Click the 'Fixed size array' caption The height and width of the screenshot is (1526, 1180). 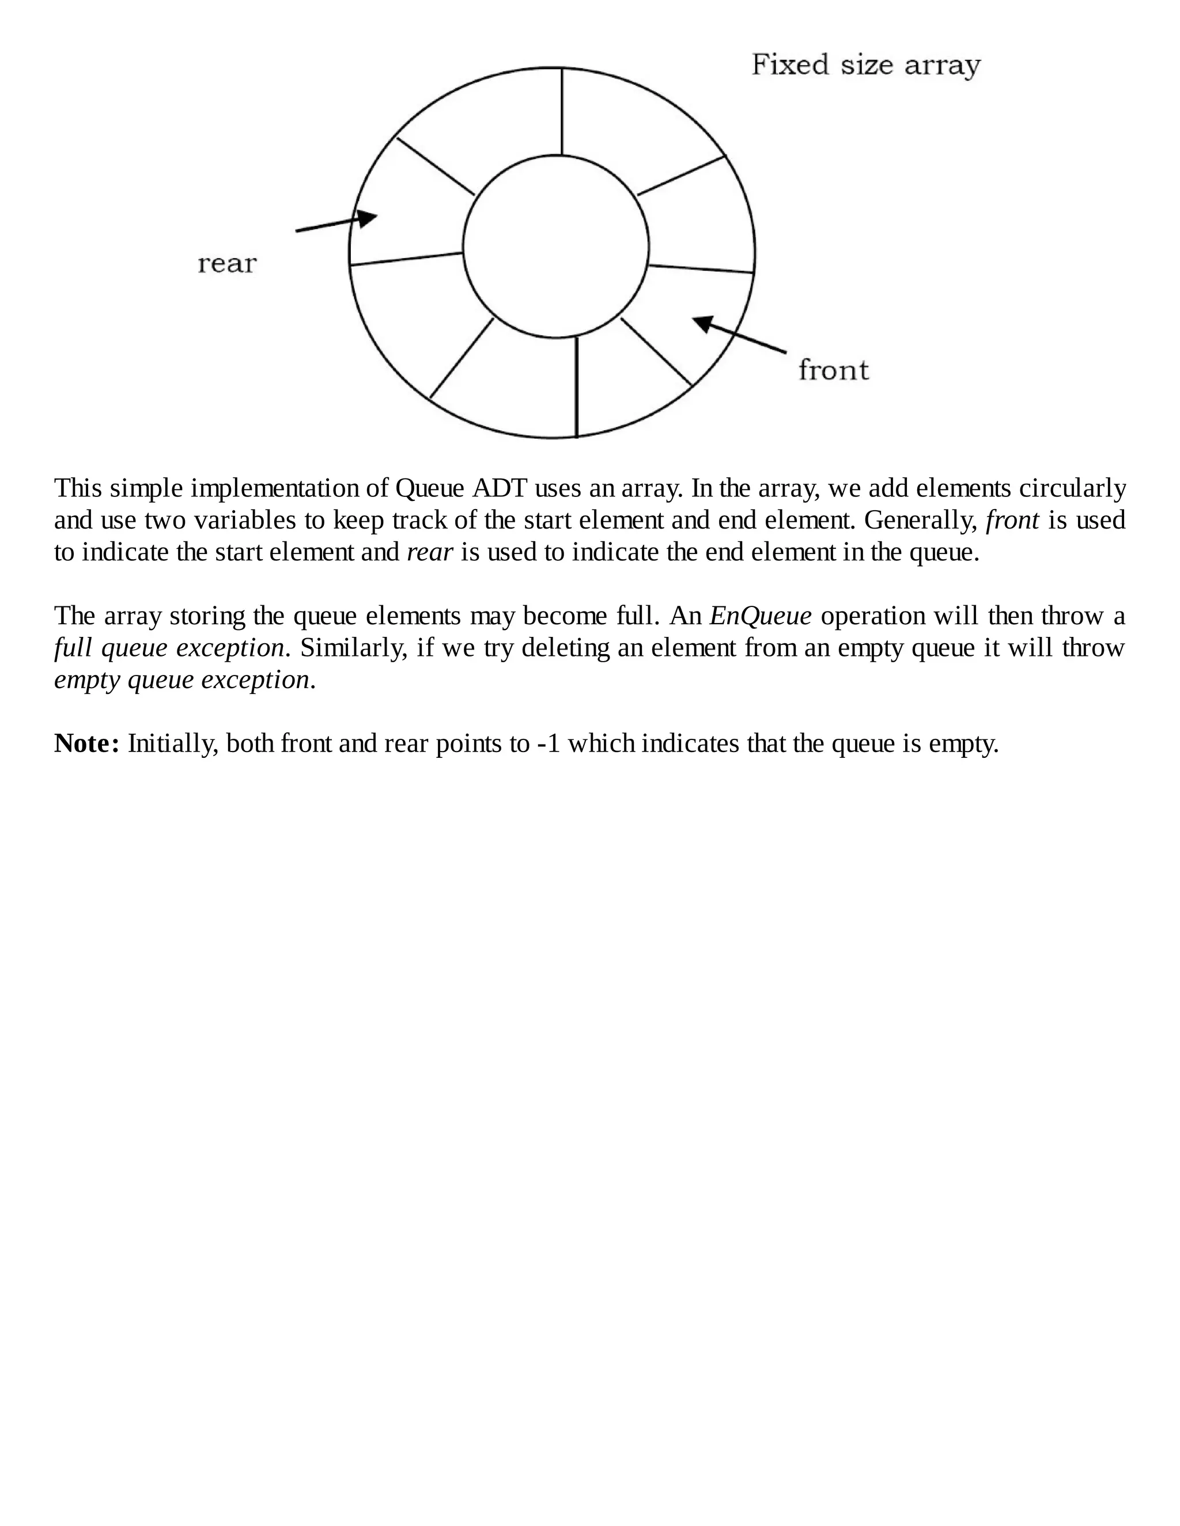click(x=865, y=66)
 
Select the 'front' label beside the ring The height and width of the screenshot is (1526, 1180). click(x=833, y=370)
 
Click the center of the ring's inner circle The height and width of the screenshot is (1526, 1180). click(x=556, y=246)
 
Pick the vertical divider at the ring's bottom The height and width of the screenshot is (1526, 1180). click(x=576, y=386)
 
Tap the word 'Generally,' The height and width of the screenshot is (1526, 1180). click(x=921, y=521)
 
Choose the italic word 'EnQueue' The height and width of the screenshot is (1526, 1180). click(x=761, y=616)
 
